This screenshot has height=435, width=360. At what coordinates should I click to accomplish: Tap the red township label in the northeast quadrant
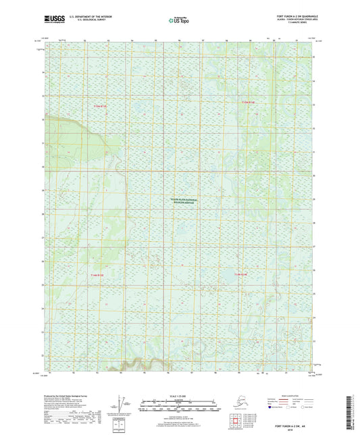[x=249, y=103]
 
